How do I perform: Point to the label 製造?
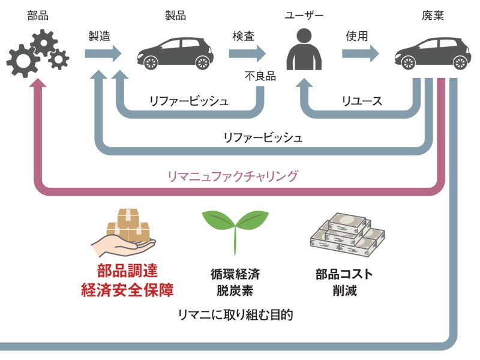[100, 35]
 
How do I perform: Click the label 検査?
[244, 35]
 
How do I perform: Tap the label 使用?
[356, 35]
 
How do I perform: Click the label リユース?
[361, 101]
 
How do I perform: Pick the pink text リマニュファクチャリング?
[233, 176]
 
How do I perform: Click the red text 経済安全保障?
[127, 291]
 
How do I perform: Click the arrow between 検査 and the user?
[247, 54]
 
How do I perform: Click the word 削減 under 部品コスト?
[344, 292]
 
